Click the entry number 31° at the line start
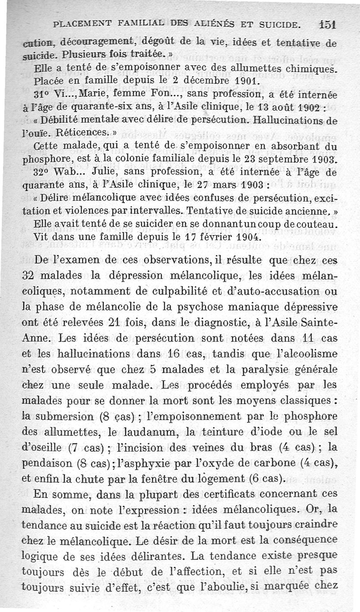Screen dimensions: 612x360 42,95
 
